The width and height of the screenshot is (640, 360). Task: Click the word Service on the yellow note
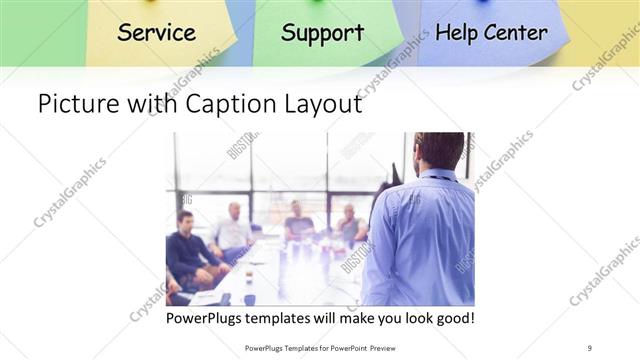(156, 32)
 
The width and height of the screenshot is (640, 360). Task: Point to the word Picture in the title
(74, 103)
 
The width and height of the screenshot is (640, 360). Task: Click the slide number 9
(590, 347)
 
